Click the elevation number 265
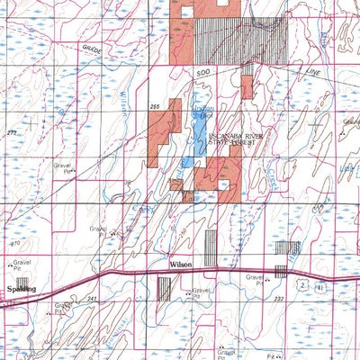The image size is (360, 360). pyautogui.click(x=155, y=106)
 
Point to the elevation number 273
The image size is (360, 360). pyautogui.click(x=11, y=132)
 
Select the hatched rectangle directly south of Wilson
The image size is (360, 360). pyautogui.click(x=164, y=288)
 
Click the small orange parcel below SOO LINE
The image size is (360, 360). pyautogui.click(x=246, y=87)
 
